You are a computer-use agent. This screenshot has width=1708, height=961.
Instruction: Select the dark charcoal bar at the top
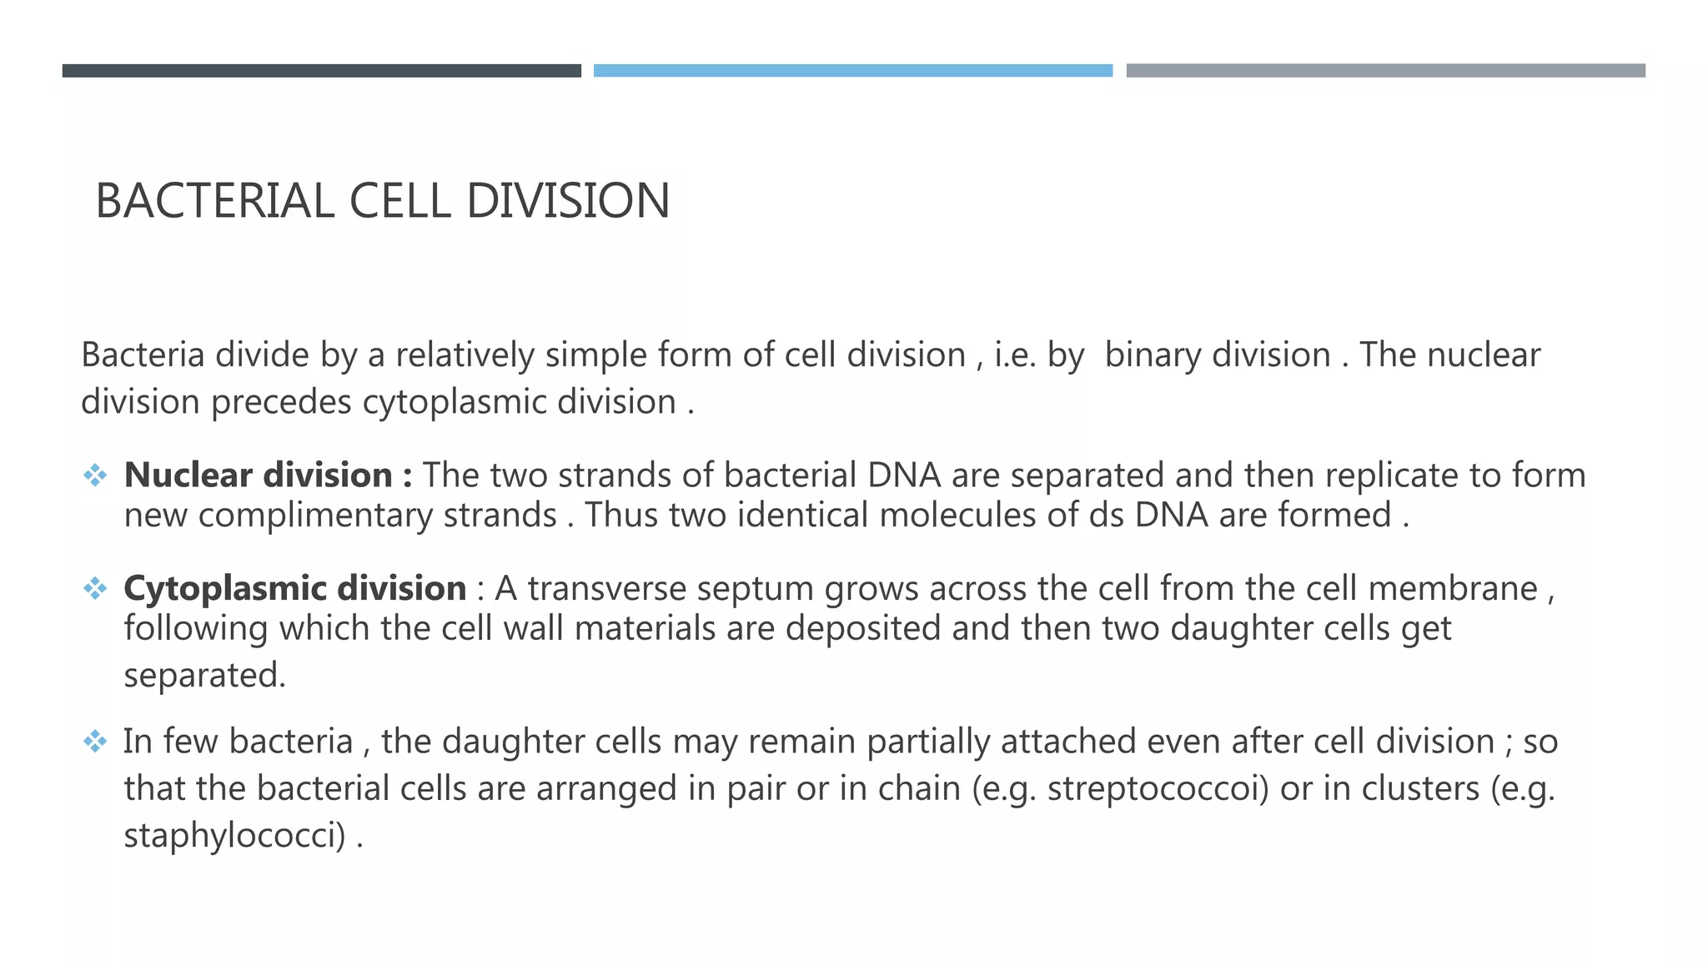[x=321, y=71]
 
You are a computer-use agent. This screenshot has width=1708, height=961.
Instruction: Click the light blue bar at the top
[x=852, y=71]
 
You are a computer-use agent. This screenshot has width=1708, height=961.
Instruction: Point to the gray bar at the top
[x=1385, y=71]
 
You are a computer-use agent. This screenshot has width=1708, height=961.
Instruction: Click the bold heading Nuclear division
[x=259, y=475]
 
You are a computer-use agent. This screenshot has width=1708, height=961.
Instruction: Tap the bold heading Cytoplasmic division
[x=294, y=589]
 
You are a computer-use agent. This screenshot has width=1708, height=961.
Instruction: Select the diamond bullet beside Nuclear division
[x=95, y=475]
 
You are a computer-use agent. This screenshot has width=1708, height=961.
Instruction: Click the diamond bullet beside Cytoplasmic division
[x=95, y=589]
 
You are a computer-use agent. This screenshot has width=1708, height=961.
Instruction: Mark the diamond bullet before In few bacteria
[x=95, y=741]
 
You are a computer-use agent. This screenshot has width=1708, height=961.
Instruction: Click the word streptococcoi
[x=1158, y=789]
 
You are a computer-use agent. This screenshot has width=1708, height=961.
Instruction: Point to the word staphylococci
[x=234, y=836]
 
